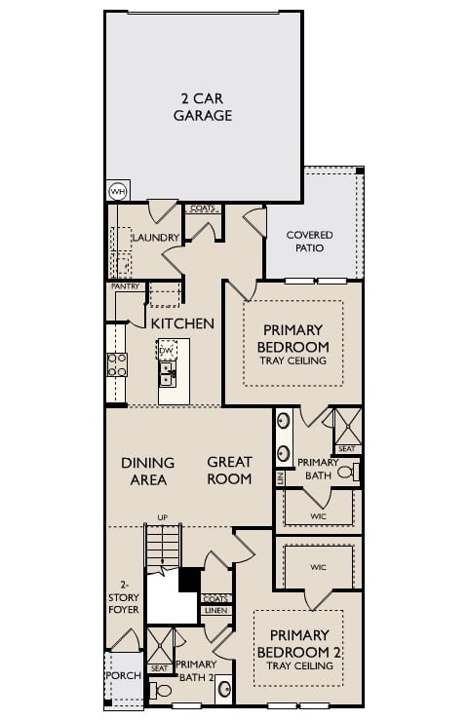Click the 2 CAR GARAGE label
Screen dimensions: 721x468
[x=203, y=107]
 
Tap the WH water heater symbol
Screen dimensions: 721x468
[x=118, y=191]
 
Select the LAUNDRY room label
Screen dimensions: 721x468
[x=154, y=238]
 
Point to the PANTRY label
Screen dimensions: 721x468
[x=125, y=286]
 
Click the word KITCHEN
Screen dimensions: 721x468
[x=182, y=323]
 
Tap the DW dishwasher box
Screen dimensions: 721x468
[x=167, y=350]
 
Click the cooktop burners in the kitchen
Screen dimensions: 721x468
[x=117, y=364]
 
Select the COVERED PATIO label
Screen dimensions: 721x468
[x=309, y=242]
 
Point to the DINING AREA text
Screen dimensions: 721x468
[x=148, y=471]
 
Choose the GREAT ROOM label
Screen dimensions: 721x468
[x=230, y=471]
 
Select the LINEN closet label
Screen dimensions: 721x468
[x=216, y=611]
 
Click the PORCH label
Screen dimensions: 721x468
[x=124, y=675]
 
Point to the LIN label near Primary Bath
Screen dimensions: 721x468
[x=280, y=478]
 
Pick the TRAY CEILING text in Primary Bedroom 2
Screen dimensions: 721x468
[x=298, y=666]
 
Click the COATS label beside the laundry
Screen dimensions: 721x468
[x=203, y=208]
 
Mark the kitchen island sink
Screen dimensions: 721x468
[x=167, y=374]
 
